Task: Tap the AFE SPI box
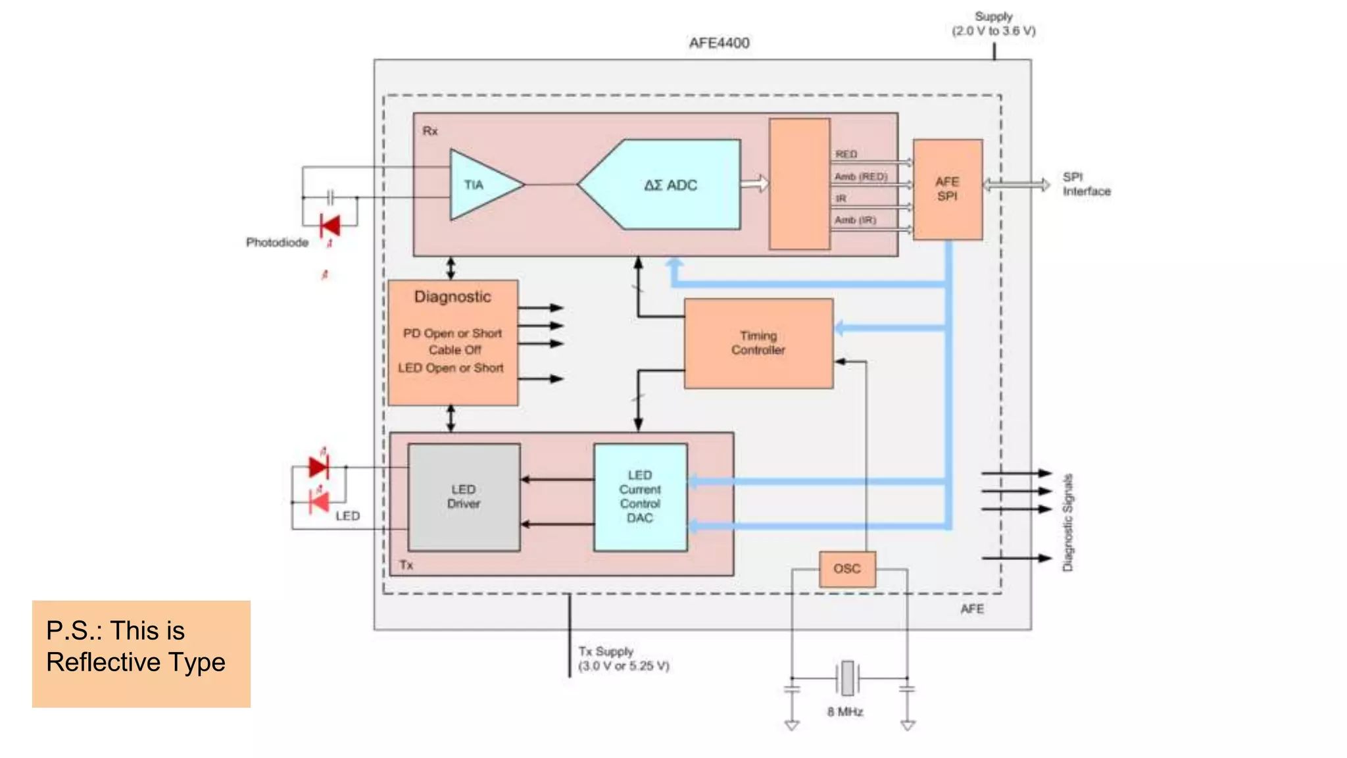click(947, 189)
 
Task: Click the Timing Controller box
click(758, 343)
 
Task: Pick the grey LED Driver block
click(464, 497)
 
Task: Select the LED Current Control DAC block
click(640, 497)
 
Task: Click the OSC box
click(846, 568)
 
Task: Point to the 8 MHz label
click(845, 711)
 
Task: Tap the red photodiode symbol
click(330, 226)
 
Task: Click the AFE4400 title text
click(719, 43)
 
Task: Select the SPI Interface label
click(1086, 184)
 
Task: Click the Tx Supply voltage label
click(624, 659)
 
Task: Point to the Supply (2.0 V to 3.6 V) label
click(993, 24)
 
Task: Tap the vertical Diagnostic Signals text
click(1067, 522)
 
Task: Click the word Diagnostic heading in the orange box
click(453, 297)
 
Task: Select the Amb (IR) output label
click(855, 220)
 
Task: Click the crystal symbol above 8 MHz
click(848, 678)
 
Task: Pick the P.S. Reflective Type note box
click(141, 653)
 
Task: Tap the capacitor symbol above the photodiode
click(330, 197)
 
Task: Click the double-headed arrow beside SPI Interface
click(1016, 185)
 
